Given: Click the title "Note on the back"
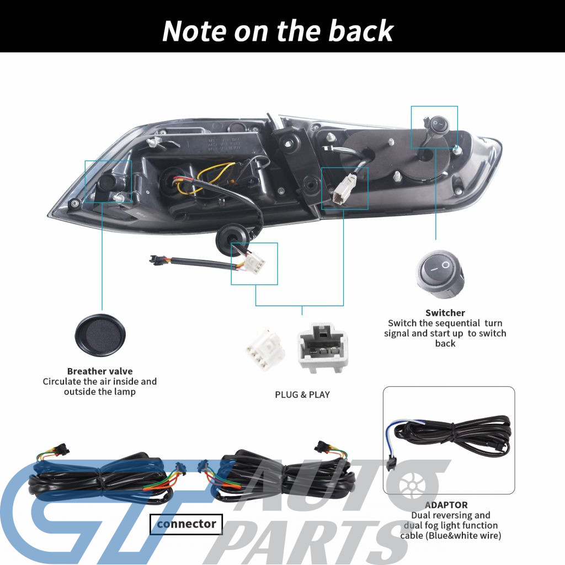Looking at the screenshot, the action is point(278,31).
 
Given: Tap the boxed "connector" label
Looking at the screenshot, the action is point(186,524).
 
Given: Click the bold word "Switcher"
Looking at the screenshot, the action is point(445,313).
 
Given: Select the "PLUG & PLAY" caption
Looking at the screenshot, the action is point(302,395).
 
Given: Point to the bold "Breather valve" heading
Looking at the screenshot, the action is point(100,371).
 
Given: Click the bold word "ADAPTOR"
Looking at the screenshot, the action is point(446,505).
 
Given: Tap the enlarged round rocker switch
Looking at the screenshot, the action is point(440,275).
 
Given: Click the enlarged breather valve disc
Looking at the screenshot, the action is point(100,335).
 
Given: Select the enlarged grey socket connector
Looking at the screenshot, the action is point(322,348).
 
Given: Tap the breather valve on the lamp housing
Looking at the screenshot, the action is point(106,183).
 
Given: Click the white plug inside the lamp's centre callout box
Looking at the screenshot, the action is point(342,190).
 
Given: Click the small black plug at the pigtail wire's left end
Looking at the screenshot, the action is point(156,259).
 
